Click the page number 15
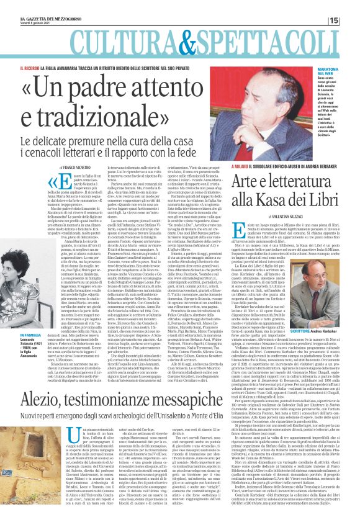[x=351, y=20]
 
